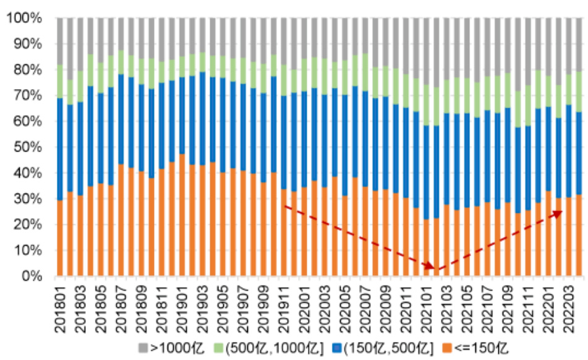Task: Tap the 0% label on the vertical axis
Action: point(30,276)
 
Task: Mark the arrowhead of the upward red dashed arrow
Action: point(560,212)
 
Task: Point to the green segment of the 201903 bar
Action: point(202,62)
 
